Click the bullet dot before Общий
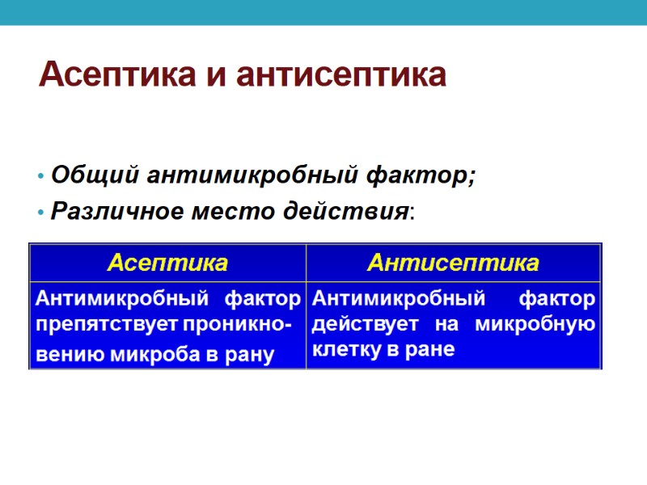coord(39,175)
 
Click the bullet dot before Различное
coord(39,213)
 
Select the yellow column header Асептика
coord(167,263)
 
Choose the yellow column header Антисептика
coord(453,263)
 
